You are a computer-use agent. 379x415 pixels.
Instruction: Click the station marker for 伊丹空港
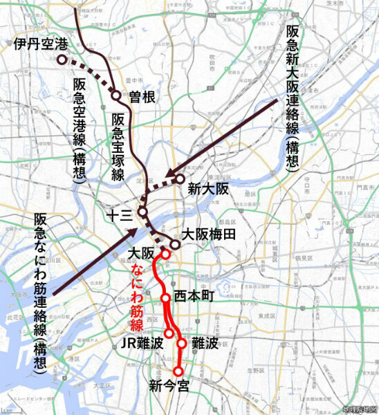point(62,60)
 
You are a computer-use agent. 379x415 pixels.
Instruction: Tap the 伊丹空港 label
point(41,46)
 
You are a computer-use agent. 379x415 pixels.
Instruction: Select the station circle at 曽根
point(116,95)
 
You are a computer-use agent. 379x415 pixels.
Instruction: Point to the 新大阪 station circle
point(180,179)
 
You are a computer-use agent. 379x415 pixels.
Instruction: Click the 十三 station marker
point(142,211)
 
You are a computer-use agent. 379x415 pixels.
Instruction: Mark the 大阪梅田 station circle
point(175,243)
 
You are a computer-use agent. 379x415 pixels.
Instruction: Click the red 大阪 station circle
point(166,254)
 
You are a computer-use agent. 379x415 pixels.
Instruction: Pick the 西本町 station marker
point(166,298)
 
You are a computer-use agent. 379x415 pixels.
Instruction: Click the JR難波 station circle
point(169,333)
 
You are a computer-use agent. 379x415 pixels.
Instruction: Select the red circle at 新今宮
point(178,371)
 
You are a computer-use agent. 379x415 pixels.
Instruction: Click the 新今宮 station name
point(169,387)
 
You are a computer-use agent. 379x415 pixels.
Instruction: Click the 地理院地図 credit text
point(359,409)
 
